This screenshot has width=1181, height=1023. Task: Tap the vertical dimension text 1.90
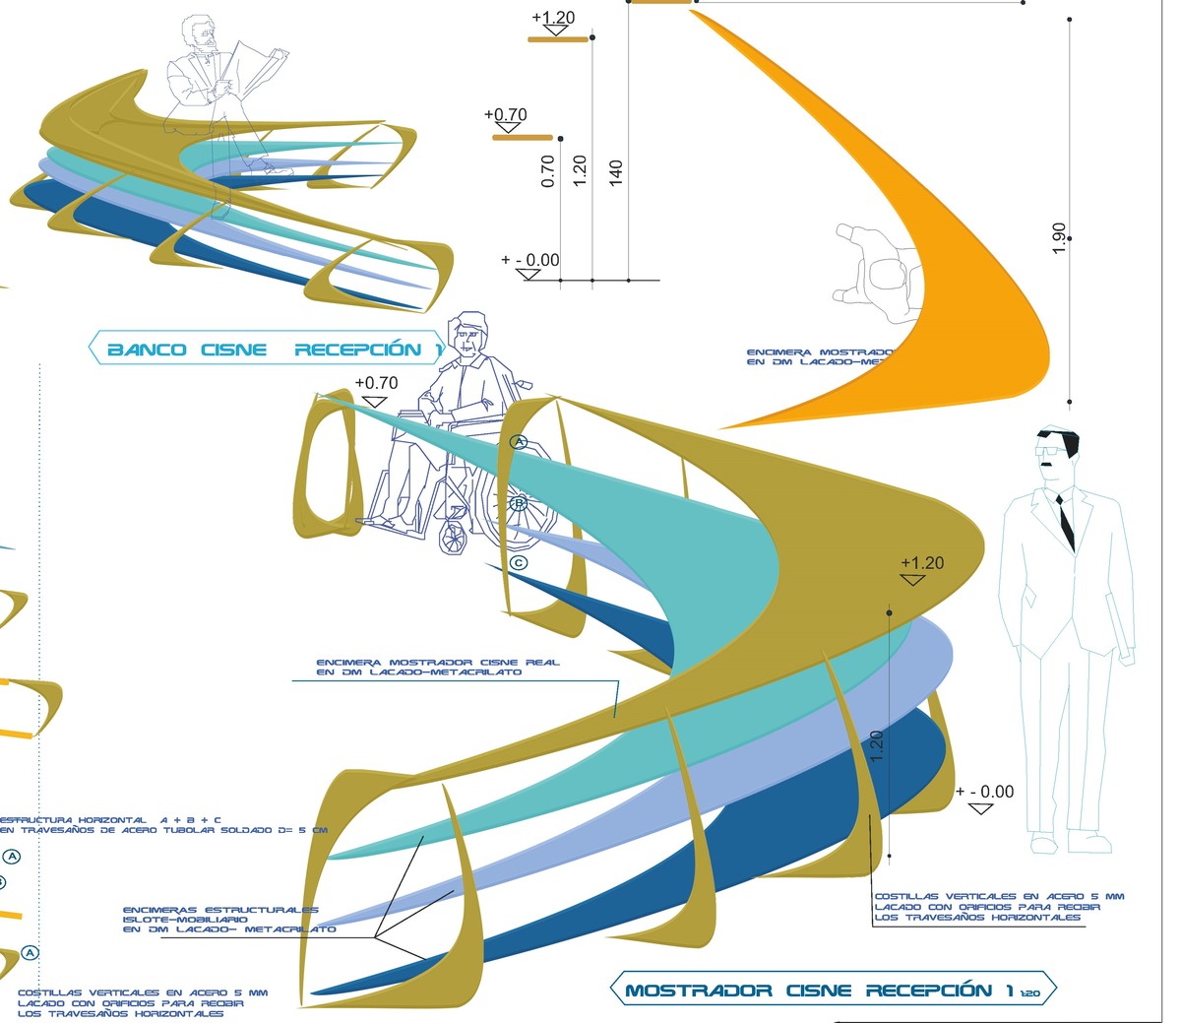point(1059,238)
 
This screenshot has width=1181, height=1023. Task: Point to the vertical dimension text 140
point(616,173)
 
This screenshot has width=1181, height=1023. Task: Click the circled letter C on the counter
point(520,563)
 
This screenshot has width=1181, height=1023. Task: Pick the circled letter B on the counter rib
point(520,503)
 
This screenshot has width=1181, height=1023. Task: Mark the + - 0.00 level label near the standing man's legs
point(983,793)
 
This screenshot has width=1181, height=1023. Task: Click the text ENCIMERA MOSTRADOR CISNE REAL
point(437,663)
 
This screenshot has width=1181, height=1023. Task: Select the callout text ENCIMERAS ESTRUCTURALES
point(220,911)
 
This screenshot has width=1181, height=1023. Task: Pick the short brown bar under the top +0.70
point(522,138)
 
